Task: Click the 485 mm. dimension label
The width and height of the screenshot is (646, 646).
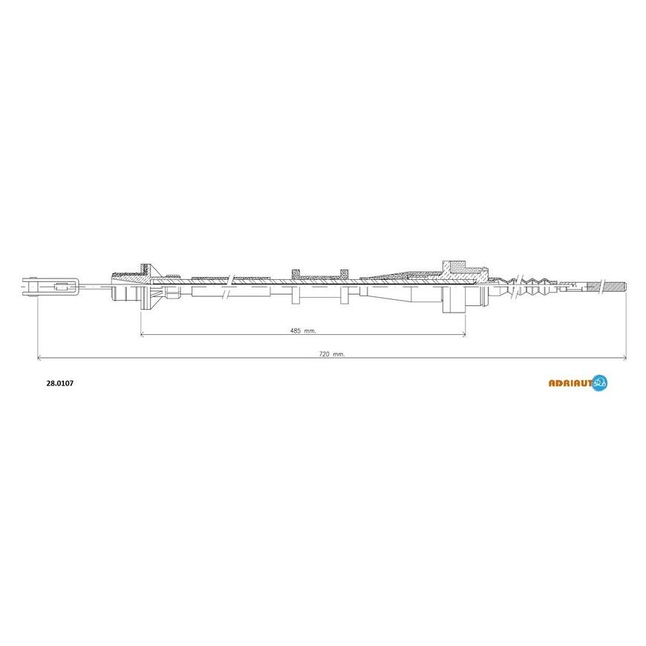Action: tap(303, 330)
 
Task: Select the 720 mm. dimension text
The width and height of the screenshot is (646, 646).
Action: tap(332, 353)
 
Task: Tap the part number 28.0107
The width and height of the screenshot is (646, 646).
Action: tap(59, 383)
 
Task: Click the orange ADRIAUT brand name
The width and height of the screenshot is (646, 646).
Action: tap(570, 383)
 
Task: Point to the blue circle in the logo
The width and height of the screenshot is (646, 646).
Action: tap(599, 382)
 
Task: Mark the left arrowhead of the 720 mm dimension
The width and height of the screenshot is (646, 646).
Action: tap(39, 358)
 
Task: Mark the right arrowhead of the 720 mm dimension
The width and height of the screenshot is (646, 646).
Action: tap(624, 358)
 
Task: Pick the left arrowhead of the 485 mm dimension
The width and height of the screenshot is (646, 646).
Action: tap(143, 335)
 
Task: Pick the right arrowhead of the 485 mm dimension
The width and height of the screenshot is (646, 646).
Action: tap(463, 335)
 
